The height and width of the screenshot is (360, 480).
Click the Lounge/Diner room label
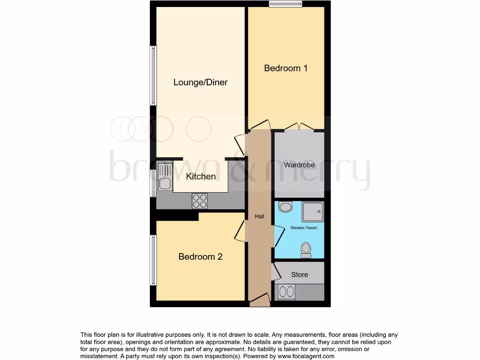pyautogui.click(x=200, y=82)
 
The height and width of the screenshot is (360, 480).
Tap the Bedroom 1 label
pyautogui.click(x=285, y=68)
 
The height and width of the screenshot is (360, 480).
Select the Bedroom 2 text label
pyautogui.click(x=200, y=257)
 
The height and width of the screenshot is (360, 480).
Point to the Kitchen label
pyautogui.click(x=201, y=177)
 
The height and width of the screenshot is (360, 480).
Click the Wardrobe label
pyautogui.click(x=299, y=165)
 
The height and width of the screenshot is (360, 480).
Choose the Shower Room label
pyautogui.click(x=303, y=228)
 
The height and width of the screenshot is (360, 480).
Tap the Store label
pyautogui.click(x=300, y=275)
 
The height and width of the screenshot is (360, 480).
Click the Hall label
pyautogui.click(x=259, y=217)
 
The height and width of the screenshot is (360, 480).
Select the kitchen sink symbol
pyautogui.click(x=165, y=176)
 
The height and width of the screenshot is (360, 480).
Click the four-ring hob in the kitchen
pyautogui.click(x=199, y=201)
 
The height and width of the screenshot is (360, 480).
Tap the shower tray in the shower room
pyautogui.click(x=312, y=211)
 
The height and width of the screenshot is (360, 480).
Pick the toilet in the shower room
pyautogui.click(x=306, y=249)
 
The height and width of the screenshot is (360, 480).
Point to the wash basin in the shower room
pyautogui.click(x=285, y=207)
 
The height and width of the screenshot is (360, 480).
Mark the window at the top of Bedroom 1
pyautogui.click(x=285, y=4)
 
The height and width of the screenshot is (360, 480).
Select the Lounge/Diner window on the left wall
pyautogui.click(x=153, y=75)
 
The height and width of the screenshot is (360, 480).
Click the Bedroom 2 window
pyautogui.click(x=153, y=260)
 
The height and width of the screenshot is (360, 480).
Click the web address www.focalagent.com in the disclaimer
pyautogui.click(x=307, y=356)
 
